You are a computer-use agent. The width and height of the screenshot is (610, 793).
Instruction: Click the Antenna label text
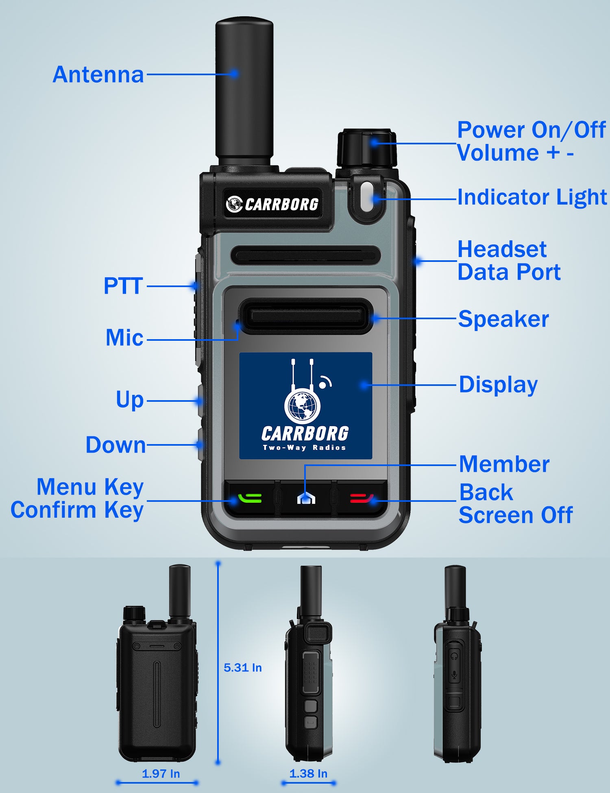[98, 74]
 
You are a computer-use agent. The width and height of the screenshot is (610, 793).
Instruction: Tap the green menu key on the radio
[250, 498]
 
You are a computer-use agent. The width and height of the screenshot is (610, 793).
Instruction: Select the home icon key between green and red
[306, 498]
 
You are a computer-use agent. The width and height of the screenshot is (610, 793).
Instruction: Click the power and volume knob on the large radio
[367, 148]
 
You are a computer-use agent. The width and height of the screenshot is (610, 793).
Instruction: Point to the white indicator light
[367, 197]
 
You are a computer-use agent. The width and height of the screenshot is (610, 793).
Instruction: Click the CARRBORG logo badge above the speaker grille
[272, 204]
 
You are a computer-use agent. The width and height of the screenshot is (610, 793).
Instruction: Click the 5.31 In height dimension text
[243, 667]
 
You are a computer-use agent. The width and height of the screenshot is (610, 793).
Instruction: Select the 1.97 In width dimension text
[161, 773]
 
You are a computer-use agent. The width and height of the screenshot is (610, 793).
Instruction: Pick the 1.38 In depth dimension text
[308, 773]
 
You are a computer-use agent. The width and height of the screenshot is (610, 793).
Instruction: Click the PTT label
[123, 285]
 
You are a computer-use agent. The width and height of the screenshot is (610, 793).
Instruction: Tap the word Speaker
[503, 319]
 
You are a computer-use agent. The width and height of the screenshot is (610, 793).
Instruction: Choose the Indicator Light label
[532, 197]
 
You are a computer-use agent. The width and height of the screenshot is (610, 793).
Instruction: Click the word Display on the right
[498, 385]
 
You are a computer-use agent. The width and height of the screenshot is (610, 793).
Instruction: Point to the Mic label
[124, 338]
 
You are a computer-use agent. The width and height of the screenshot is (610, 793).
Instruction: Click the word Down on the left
[115, 445]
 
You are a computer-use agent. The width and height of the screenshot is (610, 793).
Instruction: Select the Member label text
[504, 464]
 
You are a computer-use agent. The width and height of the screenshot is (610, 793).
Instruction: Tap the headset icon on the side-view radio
[454, 656]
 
